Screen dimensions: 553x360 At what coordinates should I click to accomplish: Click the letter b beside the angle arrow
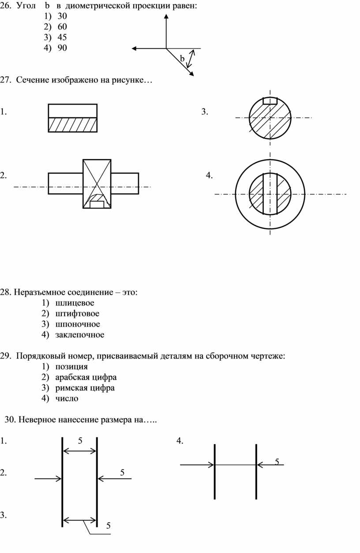tap(182, 59)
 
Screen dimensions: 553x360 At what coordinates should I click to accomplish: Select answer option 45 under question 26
tap(62, 37)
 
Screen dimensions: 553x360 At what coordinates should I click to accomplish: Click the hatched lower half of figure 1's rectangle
tap(72, 124)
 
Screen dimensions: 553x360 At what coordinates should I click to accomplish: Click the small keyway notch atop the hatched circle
tap(270, 101)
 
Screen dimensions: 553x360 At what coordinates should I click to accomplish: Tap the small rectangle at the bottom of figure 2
tap(97, 204)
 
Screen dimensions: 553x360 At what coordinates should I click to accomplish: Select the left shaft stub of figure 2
tap(65, 183)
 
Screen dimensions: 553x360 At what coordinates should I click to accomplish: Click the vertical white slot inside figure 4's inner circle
tap(270, 194)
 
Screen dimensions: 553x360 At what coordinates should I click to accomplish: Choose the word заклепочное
tap(80, 335)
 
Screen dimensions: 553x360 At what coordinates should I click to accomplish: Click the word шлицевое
tap(75, 303)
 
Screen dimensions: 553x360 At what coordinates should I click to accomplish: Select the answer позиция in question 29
tap(71, 366)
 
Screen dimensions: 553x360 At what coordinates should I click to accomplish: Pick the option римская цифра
tap(85, 388)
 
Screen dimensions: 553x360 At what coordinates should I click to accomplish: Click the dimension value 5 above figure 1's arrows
tap(80, 440)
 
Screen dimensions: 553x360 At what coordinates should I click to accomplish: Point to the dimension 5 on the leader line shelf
tap(108, 526)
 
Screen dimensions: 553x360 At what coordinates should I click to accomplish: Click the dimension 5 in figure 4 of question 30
tap(277, 461)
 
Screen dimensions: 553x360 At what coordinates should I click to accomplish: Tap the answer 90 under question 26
tap(62, 48)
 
